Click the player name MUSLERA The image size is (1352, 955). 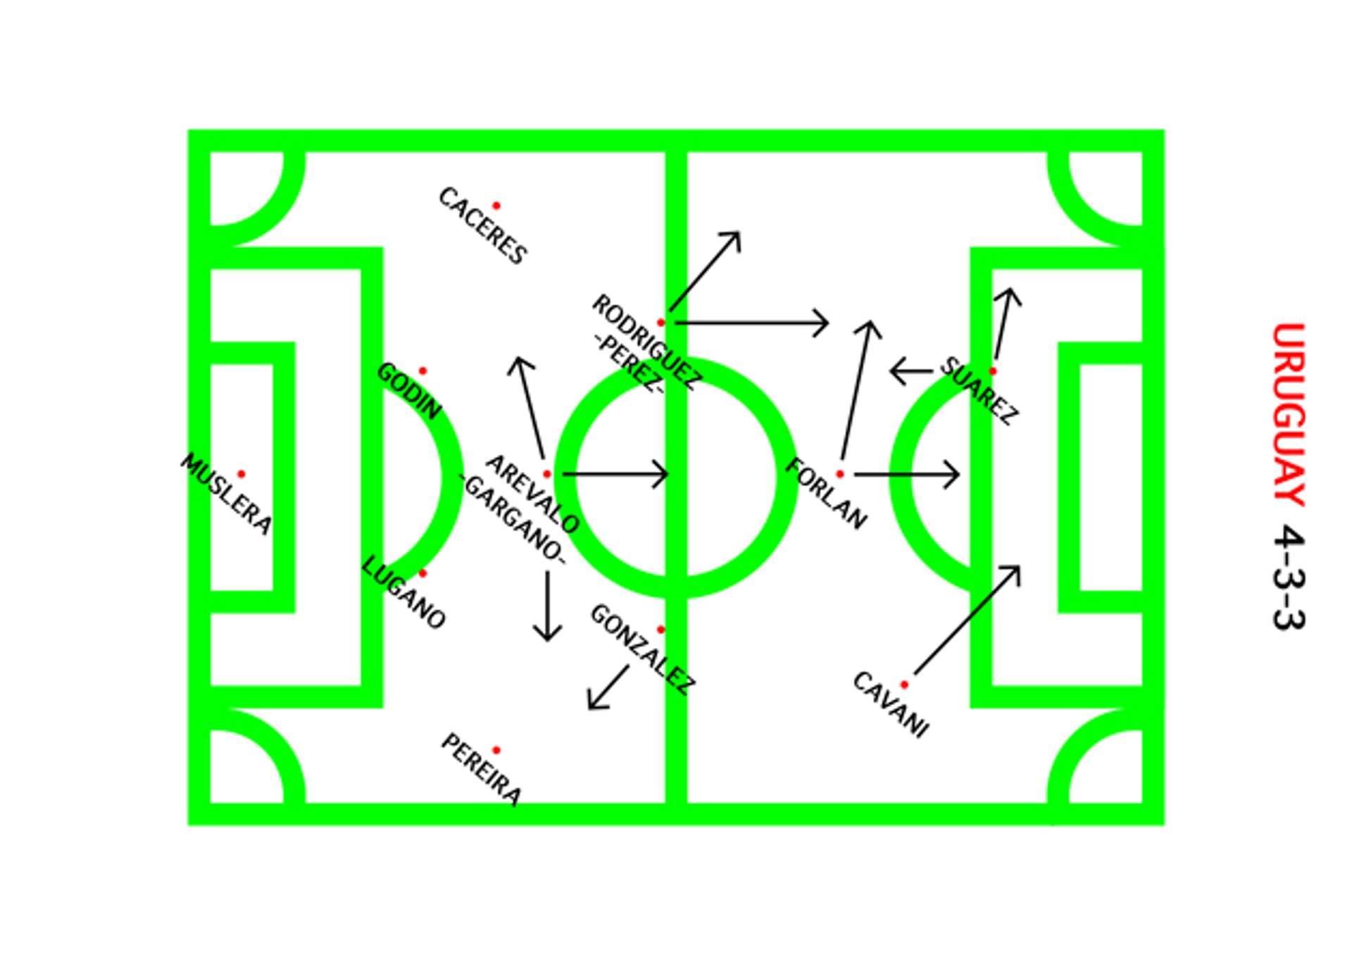point(226,494)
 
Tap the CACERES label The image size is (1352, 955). point(482,226)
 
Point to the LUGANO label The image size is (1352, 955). point(403,593)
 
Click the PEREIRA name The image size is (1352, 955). point(482,769)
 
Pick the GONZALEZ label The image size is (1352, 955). point(643,649)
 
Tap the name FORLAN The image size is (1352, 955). point(826,494)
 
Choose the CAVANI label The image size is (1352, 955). point(891,704)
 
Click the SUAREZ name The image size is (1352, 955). point(979,391)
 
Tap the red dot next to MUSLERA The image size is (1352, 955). point(241,474)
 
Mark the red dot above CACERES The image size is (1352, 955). point(496,206)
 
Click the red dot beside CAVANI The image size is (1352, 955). point(904,684)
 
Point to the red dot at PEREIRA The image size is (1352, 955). point(496,750)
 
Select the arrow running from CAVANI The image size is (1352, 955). point(967,620)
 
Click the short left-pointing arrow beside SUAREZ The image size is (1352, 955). point(911,371)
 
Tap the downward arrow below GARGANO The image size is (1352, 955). point(547,606)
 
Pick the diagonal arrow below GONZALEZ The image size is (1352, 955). point(608,687)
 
